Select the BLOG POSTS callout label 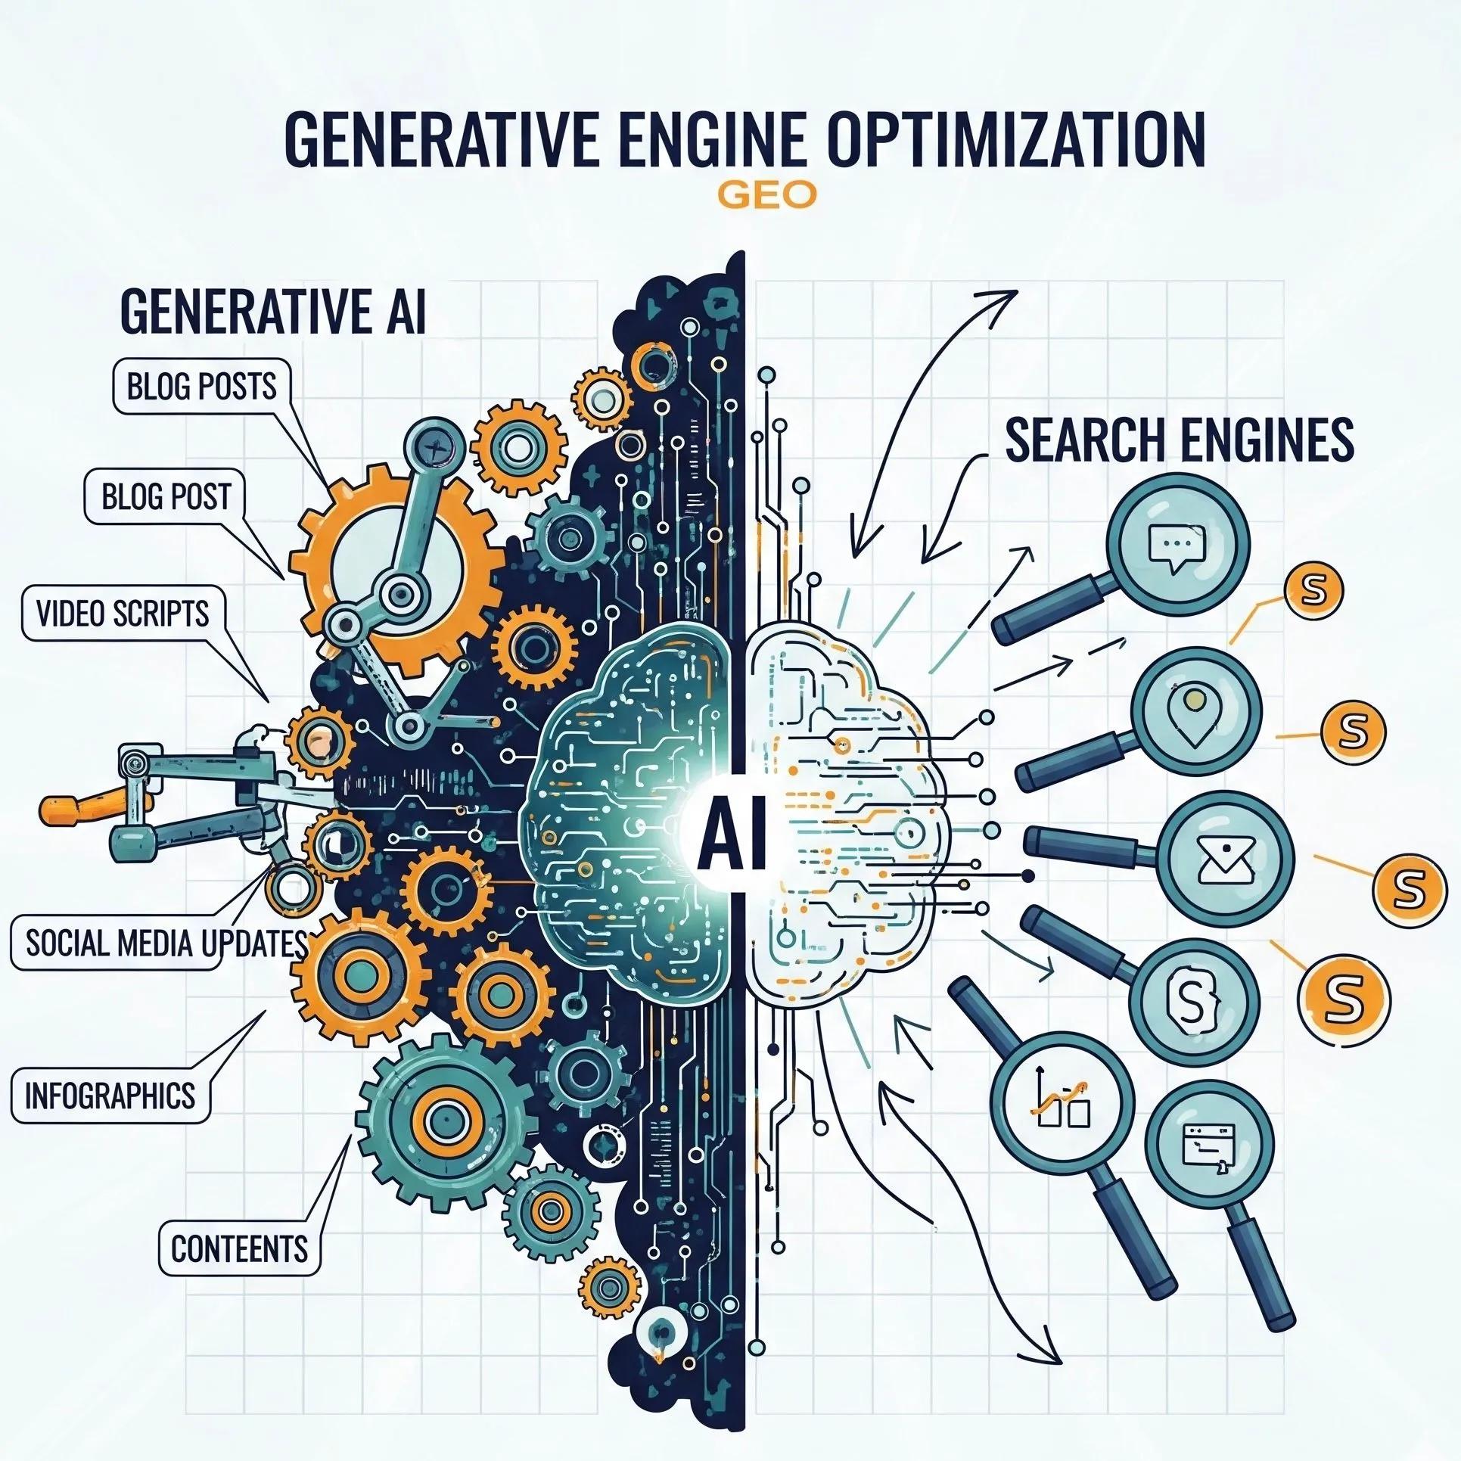pyautogui.click(x=201, y=387)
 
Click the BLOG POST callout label pyautogui.click(x=166, y=496)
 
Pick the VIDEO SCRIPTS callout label pyautogui.click(x=123, y=612)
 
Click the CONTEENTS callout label pyautogui.click(x=239, y=1248)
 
